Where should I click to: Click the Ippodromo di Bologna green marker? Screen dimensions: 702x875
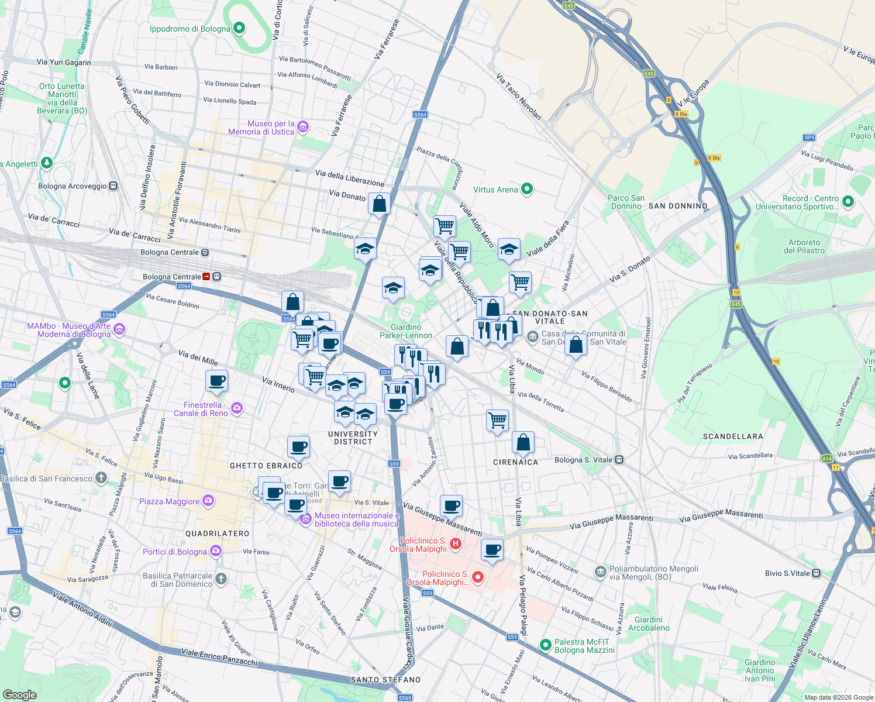coord(239,28)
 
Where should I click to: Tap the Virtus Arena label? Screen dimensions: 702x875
coord(495,190)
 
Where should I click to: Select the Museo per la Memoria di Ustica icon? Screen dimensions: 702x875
coord(302,127)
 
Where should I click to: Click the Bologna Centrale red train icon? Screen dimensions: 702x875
coord(206,277)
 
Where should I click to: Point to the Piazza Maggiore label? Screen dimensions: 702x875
coord(170,501)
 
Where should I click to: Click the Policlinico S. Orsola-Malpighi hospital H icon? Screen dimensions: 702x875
coord(456,544)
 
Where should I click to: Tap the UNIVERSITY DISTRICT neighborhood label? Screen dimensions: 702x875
coord(353,438)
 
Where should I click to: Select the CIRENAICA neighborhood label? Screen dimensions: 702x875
coord(515,462)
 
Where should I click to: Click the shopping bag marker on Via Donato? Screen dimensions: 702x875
coord(379,204)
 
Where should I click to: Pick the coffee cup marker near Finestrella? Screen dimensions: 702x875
coord(216,381)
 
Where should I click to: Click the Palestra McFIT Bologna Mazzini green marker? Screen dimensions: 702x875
coord(545,645)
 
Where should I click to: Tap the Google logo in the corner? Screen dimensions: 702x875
coord(19,694)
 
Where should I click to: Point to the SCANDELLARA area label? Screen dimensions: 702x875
coord(733,436)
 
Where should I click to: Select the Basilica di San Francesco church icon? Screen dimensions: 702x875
coord(101,478)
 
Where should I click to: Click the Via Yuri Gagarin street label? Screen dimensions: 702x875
coord(64,62)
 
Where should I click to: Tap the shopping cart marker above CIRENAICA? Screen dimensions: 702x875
coord(497,420)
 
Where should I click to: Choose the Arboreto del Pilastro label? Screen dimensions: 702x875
coord(804,246)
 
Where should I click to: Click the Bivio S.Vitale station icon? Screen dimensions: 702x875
coord(816,573)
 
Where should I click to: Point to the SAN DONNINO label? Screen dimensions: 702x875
coord(678,206)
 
